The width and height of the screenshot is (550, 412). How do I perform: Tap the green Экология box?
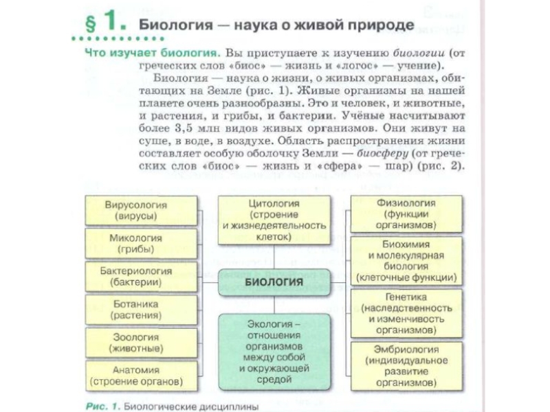[x=274, y=350]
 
